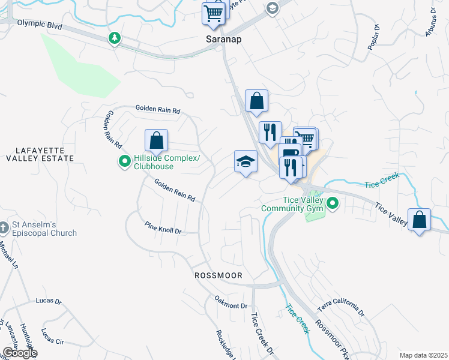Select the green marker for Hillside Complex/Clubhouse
tap(124, 161)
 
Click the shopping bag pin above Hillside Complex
tap(156, 141)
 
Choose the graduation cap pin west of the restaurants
tap(246, 162)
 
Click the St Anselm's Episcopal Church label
tap(44, 229)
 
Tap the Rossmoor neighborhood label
tap(218, 275)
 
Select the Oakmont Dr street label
tap(231, 302)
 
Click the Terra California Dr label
tap(340, 307)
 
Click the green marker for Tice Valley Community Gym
tap(332, 205)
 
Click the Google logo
tap(19, 353)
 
